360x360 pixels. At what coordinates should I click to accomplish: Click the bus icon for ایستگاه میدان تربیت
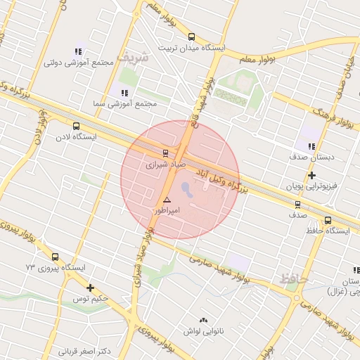click(191, 37)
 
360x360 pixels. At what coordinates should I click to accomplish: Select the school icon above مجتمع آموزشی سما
click(124, 93)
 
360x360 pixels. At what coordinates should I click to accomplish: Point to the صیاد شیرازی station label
click(165, 167)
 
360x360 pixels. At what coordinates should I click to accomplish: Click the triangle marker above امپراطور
click(167, 200)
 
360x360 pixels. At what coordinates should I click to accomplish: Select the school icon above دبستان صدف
click(311, 146)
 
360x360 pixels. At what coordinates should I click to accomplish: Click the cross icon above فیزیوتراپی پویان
click(312, 175)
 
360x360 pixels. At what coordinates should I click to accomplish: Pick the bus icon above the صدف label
click(297, 205)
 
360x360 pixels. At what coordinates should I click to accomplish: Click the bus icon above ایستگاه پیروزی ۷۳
click(56, 257)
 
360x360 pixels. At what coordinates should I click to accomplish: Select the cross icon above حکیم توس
click(90, 288)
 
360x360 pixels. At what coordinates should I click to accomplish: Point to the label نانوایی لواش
click(203, 329)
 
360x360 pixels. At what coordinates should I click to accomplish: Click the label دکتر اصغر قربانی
click(86, 351)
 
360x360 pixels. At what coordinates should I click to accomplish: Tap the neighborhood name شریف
click(134, 56)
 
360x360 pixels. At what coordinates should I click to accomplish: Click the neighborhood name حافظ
click(293, 279)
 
